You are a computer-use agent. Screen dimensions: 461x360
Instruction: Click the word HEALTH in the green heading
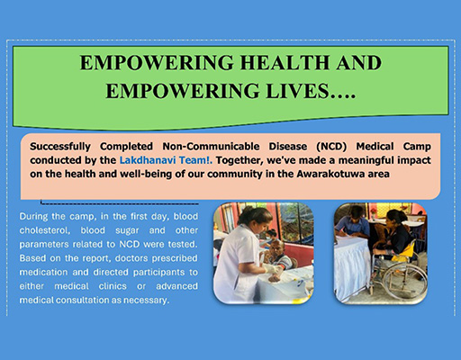(x=283, y=63)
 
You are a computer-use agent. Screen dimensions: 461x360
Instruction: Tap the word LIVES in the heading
(x=297, y=91)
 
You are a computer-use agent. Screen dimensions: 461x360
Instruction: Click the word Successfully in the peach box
(x=60, y=147)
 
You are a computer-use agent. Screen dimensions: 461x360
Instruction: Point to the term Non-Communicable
(x=211, y=147)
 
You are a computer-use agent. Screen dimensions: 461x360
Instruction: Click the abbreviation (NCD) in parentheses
(x=331, y=147)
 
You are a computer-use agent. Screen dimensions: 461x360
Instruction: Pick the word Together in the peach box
(x=240, y=160)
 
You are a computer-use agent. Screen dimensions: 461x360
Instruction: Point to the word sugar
(x=127, y=230)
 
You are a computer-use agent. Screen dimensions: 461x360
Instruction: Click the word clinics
(x=113, y=286)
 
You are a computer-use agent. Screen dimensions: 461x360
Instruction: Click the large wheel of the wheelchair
(x=405, y=283)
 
